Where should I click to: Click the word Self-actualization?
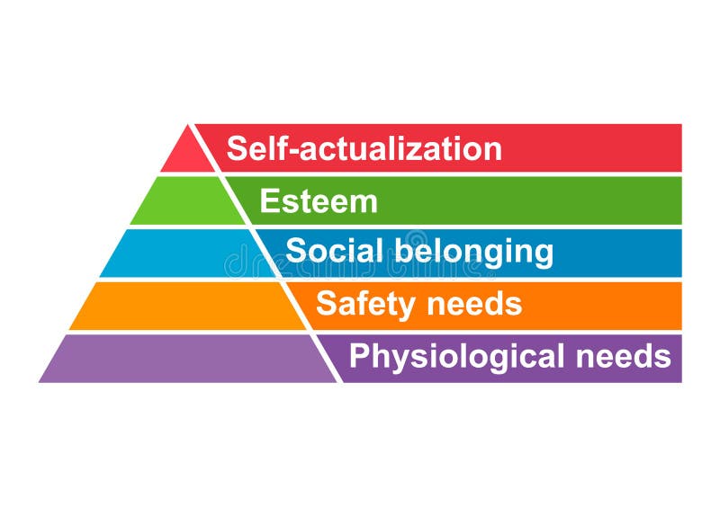click(x=364, y=148)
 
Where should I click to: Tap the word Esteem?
click(x=319, y=201)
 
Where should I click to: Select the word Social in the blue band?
click(x=334, y=250)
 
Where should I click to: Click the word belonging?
click(x=474, y=252)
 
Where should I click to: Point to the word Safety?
click(x=366, y=304)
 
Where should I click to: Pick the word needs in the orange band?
click(x=474, y=304)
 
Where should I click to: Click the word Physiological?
click(x=457, y=358)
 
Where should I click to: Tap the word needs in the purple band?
click(x=623, y=356)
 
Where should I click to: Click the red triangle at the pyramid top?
click(x=187, y=154)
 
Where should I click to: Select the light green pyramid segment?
click(x=187, y=201)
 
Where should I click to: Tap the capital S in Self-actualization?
click(x=237, y=148)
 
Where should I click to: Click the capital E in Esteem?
click(x=269, y=201)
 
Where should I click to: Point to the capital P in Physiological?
click(x=360, y=356)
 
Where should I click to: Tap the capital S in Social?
click(x=296, y=250)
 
